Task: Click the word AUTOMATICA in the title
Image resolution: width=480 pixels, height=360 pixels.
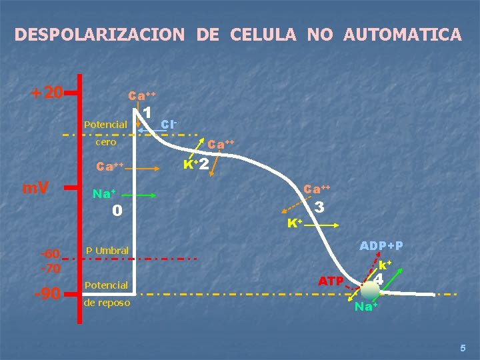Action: click(x=402, y=34)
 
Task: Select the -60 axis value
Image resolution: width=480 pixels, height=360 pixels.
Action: click(x=51, y=253)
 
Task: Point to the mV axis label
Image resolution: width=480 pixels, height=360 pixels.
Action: click(x=36, y=189)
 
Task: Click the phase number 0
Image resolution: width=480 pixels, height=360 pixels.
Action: click(x=117, y=211)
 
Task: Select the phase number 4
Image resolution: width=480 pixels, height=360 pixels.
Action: click(x=379, y=278)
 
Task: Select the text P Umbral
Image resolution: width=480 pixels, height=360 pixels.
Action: click(x=107, y=251)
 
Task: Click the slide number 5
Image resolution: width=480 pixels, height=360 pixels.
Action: click(x=463, y=347)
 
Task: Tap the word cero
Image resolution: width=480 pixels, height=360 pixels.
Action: click(x=106, y=142)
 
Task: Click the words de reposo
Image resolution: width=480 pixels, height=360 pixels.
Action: click(x=107, y=303)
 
